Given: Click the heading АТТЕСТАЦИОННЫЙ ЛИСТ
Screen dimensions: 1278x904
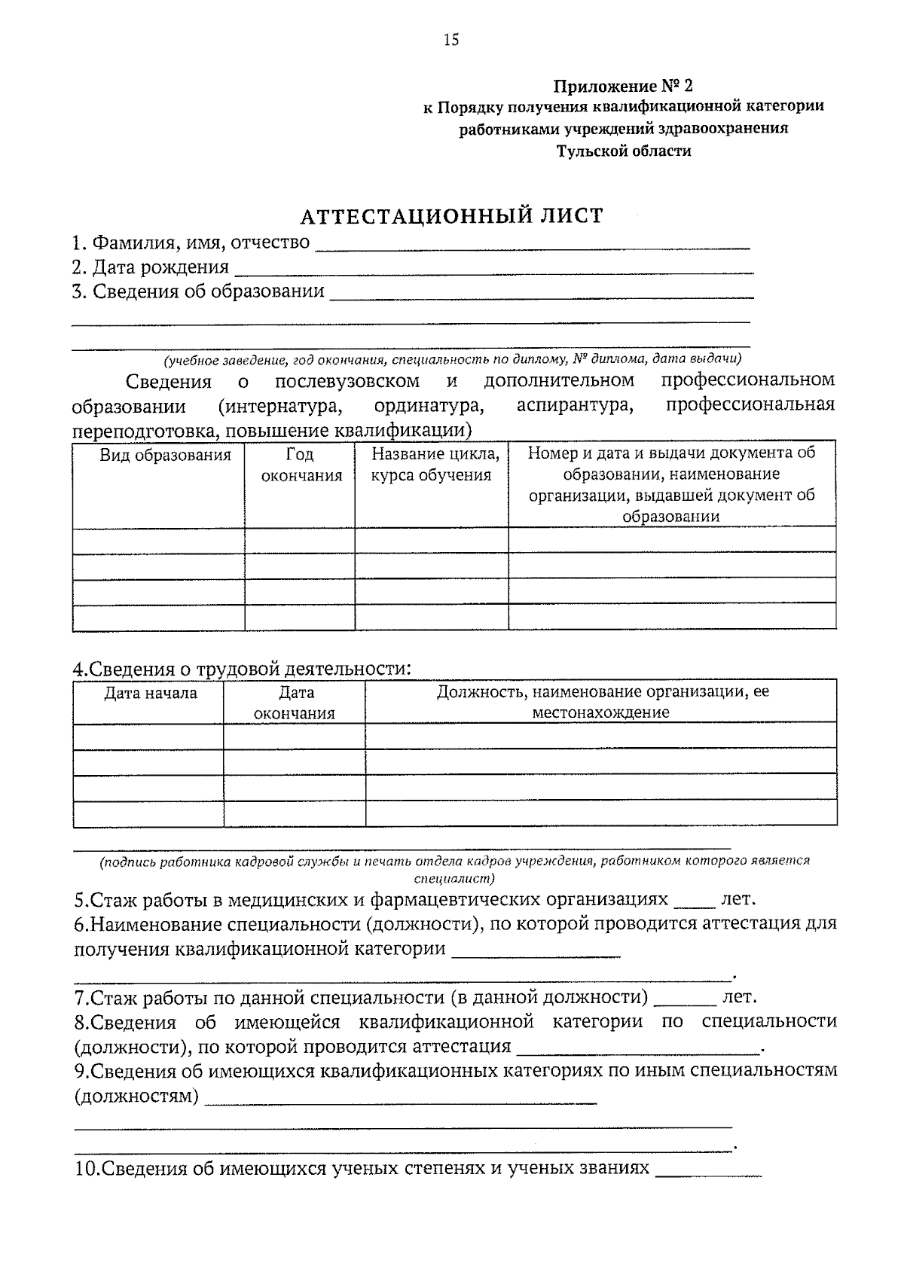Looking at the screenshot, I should pos(452,217).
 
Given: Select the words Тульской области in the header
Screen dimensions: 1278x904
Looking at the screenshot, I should pos(623,151).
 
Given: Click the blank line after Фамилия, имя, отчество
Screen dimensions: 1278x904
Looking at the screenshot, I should pos(531,245).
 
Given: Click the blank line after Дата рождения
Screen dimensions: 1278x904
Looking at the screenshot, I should pos(493,270).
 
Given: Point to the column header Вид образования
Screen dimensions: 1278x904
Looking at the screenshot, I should pos(165,455).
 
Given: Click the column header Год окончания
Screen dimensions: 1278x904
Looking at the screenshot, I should pos(301,465).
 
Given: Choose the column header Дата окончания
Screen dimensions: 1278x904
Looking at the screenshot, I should pos(295,703).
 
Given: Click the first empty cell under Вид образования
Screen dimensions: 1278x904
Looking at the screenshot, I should pos(159,541).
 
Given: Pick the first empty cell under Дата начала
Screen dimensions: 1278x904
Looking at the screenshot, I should pos(148,736).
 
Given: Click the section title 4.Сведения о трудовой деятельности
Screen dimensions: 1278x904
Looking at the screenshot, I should pos(242,668).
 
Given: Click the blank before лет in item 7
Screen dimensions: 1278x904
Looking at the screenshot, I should pos(686,1000).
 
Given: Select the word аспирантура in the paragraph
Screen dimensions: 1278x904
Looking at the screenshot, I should pos(576,405).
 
